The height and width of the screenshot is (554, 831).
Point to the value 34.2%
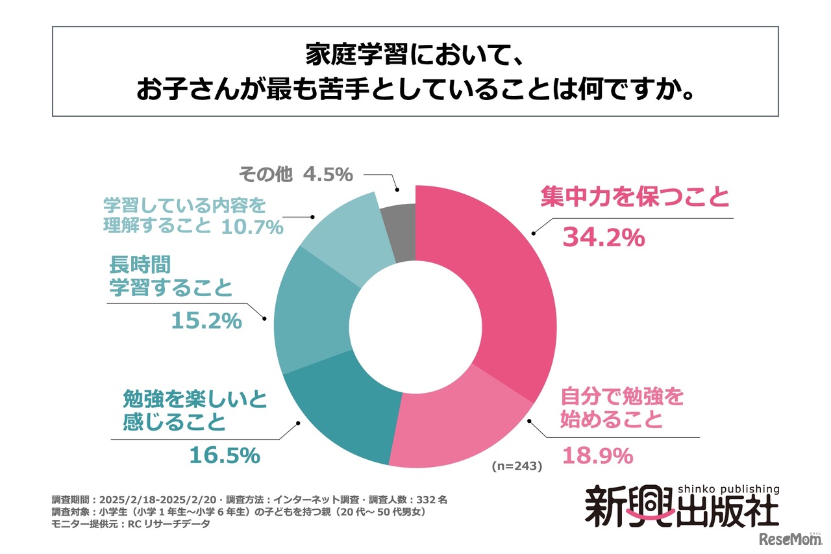[x=603, y=238]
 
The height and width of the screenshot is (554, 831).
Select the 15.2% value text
[x=206, y=320]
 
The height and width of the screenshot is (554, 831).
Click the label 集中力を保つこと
[x=635, y=197]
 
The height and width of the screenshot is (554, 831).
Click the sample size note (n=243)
[x=516, y=466]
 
